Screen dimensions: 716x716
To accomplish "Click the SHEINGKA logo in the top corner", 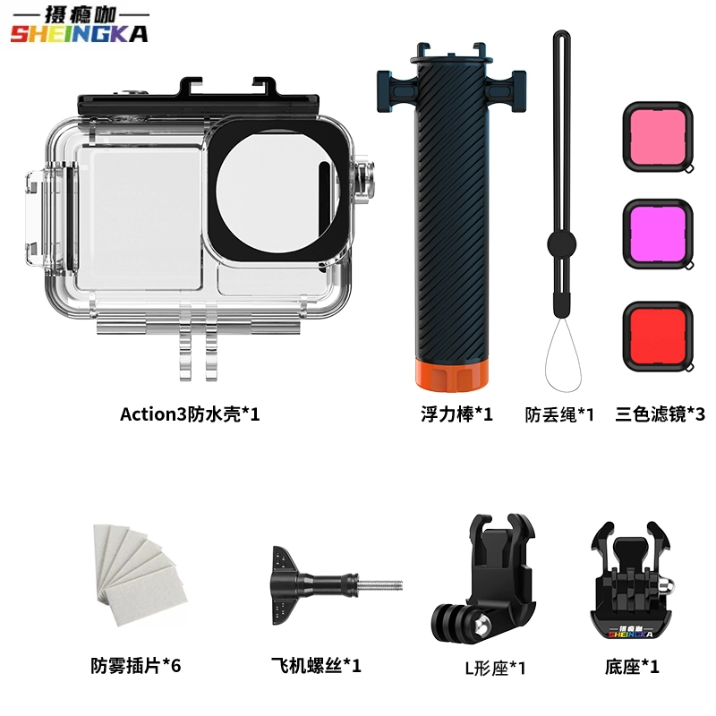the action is click(80, 26).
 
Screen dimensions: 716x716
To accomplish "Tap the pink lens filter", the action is click(658, 137).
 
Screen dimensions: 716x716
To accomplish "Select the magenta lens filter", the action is click(658, 234).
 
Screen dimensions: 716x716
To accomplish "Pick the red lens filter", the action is click(658, 337).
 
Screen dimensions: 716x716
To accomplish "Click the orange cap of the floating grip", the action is click(451, 373).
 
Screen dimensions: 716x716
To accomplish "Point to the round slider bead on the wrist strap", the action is click(562, 244).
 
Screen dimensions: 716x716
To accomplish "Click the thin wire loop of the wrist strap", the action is click(563, 355).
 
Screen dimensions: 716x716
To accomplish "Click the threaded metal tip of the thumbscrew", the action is click(379, 585).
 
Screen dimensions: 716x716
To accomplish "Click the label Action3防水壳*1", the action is click(190, 414).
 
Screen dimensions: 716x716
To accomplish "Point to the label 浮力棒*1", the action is click(456, 414).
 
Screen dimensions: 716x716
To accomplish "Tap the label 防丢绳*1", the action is click(559, 414).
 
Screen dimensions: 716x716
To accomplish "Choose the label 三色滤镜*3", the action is click(660, 414).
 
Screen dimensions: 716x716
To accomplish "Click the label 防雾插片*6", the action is click(136, 665).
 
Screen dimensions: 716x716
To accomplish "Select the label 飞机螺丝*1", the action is click(316, 665).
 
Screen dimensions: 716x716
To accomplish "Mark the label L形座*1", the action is click(496, 668).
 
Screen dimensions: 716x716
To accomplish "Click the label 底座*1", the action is click(632, 667).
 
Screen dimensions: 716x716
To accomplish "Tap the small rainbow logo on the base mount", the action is click(631, 632).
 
